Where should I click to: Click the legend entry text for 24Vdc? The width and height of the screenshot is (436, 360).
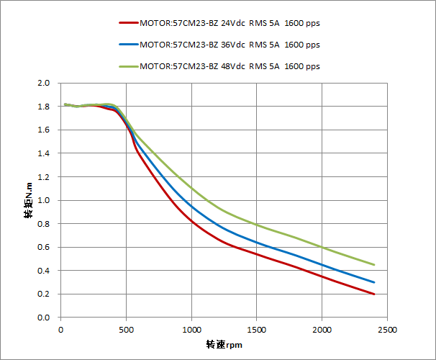point(230,23)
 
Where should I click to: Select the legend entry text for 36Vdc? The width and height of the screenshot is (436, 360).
point(230,45)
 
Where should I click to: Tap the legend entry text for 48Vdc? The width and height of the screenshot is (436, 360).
point(230,66)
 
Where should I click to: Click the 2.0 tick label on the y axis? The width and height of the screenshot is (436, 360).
point(43,84)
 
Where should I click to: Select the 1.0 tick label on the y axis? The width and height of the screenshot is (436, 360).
point(43,201)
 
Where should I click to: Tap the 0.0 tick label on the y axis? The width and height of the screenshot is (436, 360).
point(43,318)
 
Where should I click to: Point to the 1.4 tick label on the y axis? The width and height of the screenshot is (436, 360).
point(43,154)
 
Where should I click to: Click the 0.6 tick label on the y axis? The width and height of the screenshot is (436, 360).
point(43,248)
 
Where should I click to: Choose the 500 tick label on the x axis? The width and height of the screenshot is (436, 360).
point(126,329)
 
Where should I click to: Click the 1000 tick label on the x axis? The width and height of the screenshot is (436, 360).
point(191,329)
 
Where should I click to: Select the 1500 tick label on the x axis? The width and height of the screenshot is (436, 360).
point(257,329)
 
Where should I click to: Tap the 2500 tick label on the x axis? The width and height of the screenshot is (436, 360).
point(387,329)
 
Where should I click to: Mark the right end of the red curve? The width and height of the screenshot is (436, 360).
point(374,294)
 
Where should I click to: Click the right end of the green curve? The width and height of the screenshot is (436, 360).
point(374,265)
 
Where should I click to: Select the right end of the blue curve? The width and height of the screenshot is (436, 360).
point(374,282)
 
